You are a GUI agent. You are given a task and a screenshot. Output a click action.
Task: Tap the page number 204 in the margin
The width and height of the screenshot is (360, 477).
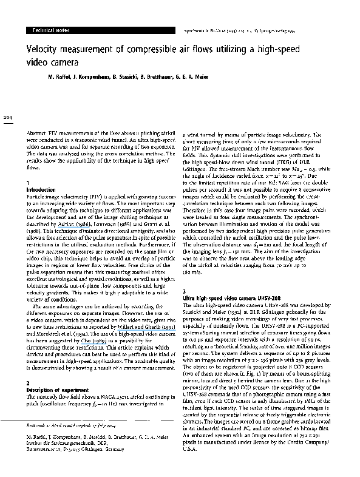coord(7,117)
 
